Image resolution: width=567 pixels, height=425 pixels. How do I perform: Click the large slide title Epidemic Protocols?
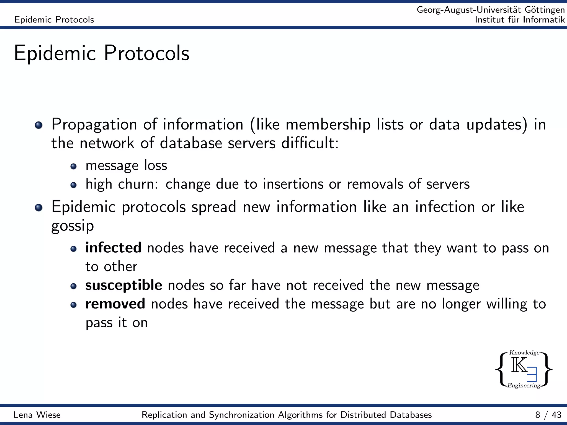click(102, 53)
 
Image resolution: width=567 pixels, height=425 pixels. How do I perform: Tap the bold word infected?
click(113, 248)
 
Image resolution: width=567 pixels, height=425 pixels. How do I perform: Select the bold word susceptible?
click(123, 285)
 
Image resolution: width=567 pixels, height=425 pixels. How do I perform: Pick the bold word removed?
click(115, 304)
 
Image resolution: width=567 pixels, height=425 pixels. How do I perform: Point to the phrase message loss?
click(126, 165)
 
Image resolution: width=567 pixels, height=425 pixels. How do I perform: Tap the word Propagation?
click(94, 125)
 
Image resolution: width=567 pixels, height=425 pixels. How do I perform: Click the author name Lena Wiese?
click(37, 415)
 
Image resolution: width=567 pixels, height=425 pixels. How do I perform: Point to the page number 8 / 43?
click(548, 415)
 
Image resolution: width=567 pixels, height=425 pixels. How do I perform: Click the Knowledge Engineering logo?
click(524, 369)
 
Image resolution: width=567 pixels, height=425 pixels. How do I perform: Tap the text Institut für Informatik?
click(520, 20)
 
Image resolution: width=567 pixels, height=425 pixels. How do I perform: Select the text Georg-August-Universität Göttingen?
click(491, 10)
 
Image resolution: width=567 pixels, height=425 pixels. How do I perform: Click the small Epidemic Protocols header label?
click(54, 20)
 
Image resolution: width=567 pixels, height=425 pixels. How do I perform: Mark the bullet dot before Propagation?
click(39, 125)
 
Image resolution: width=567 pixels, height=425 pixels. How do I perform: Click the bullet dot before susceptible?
click(73, 286)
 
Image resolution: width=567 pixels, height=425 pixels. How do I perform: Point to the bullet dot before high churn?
click(73, 185)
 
